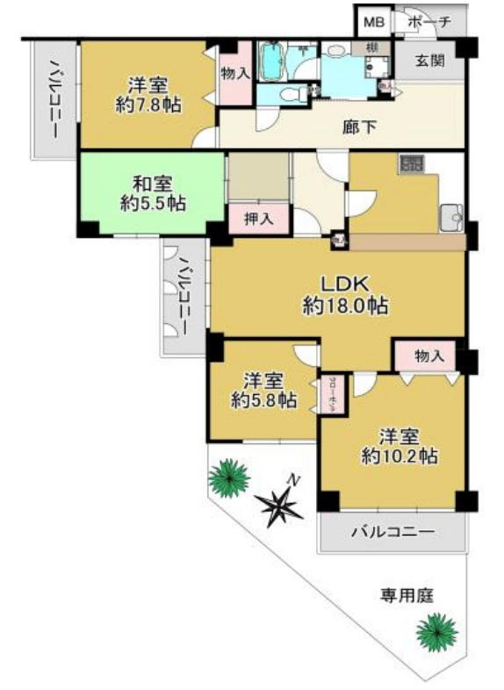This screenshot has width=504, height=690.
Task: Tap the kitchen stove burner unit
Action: click(410, 164)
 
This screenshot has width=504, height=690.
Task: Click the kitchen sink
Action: click(452, 213)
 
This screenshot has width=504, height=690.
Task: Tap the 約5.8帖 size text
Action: click(262, 400)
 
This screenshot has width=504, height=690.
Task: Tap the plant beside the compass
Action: click(229, 478)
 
